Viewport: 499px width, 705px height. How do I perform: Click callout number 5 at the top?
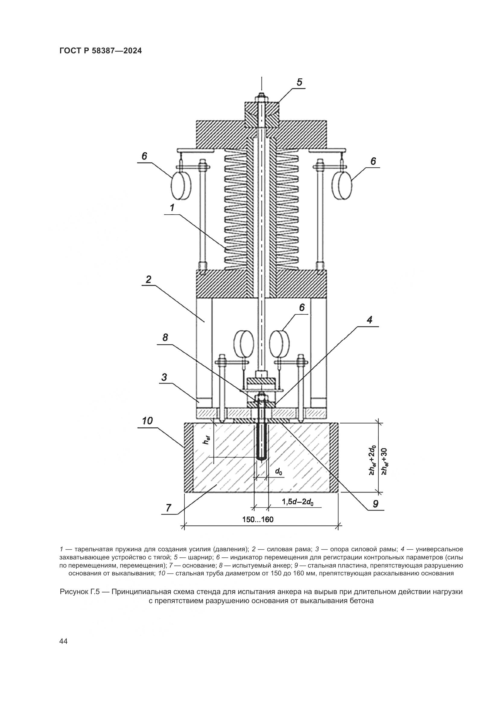click(x=299, y=82)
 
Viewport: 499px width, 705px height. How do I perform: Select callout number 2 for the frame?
click(x=148, y=279)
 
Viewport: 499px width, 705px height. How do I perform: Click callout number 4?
click(x=370, y=320)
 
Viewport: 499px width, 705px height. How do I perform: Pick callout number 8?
click(x=165, y=338)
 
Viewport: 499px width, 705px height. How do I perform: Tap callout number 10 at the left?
click(x=148, y=420)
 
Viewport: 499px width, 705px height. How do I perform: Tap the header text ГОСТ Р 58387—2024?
click(x=100, y=51)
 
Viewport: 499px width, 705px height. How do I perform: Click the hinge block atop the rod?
click(x=262, y=113)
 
